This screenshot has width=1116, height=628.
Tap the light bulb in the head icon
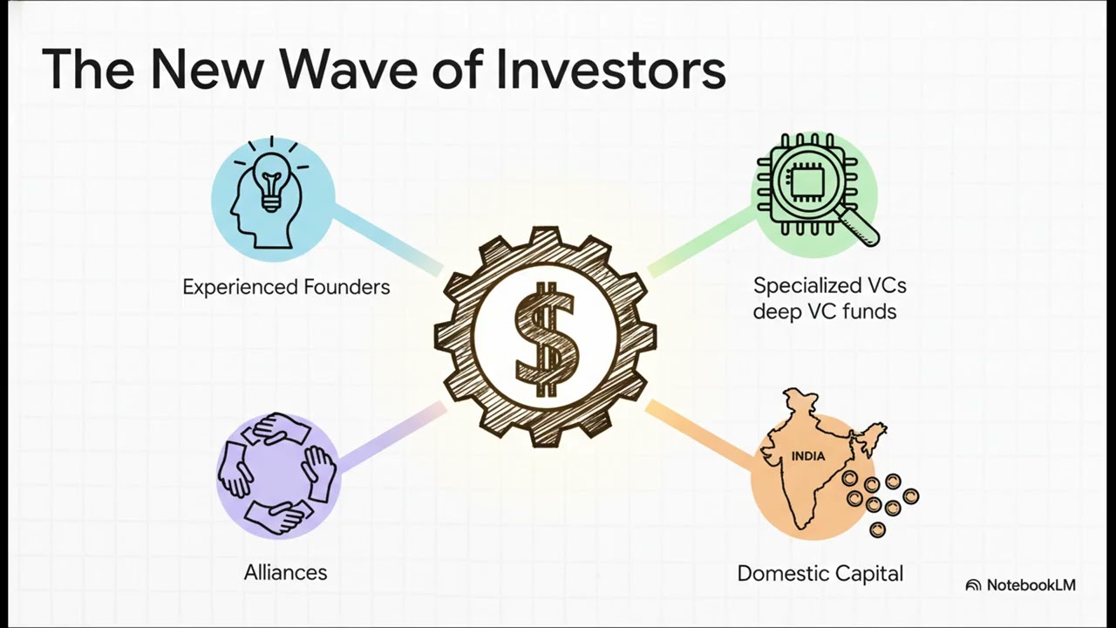click(271, 178)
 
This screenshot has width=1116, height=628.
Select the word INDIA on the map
click(808, 456)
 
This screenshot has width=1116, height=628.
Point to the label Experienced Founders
click(286, 287)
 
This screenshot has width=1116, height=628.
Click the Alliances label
click(285, 572)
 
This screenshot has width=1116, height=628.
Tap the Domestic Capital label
click(820, 573)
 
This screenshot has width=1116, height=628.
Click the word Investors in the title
click(610, 70)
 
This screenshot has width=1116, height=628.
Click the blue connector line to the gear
click(388, 240)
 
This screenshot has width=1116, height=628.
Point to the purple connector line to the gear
click(392, 436)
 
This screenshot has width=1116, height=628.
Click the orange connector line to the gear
click(697, 432)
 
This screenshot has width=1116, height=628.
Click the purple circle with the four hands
click(277, 476)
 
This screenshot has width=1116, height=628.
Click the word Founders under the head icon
click(346, 287)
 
